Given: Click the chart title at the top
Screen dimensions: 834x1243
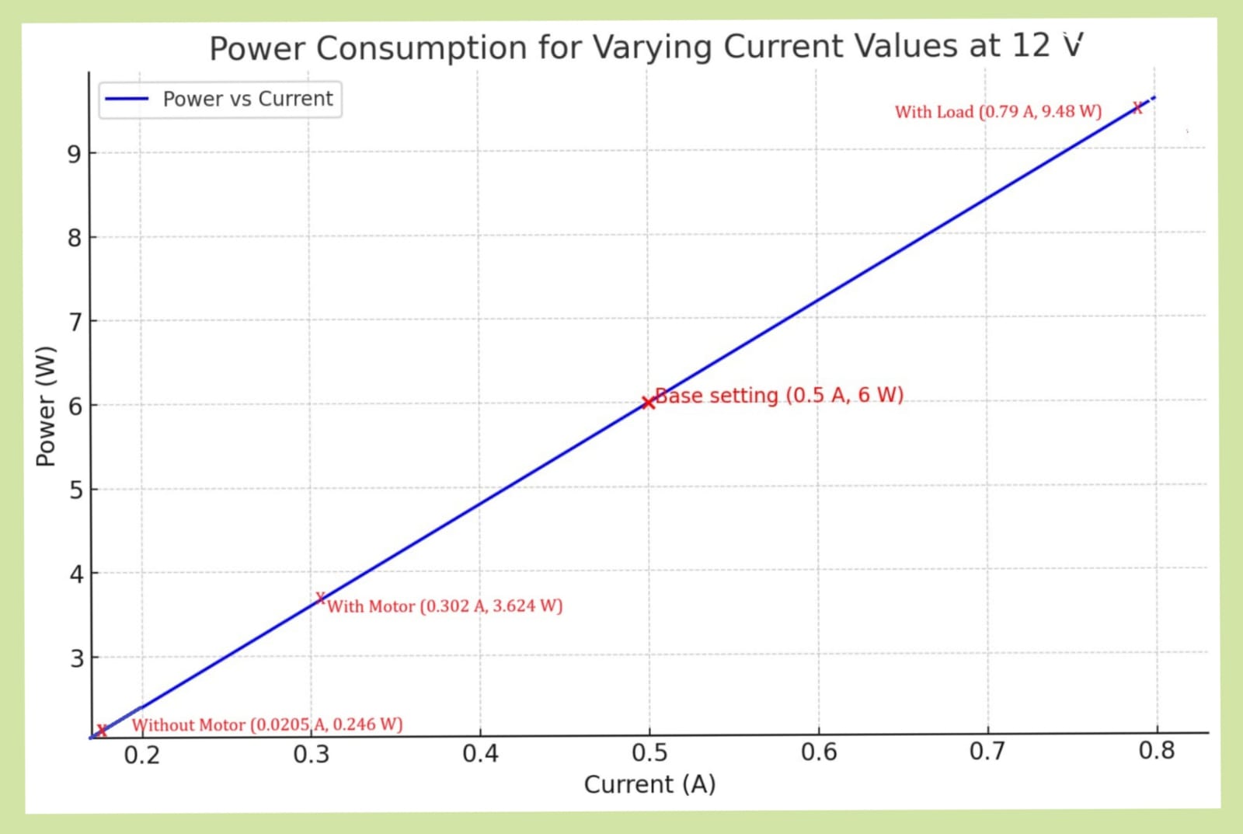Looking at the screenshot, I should coord(646,47).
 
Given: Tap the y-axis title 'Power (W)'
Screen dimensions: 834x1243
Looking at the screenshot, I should coord(47,406).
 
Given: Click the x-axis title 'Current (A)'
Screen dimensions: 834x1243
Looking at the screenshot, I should coord(649,784).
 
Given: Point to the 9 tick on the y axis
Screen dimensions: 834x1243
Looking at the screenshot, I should coord(75,154).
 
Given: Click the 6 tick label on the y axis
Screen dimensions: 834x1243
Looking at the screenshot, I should coord(75,406).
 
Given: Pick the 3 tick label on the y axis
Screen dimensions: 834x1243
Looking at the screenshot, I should coord(76,659).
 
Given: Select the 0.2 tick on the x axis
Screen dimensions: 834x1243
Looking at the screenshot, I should coord(142,755).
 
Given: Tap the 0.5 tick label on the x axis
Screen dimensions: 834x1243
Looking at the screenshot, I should coord(649,753).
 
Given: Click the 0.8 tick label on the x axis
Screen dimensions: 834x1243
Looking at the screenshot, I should coord(1156,751).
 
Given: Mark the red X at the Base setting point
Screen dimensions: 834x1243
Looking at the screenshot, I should coord(648,403).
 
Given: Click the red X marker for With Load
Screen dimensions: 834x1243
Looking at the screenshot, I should coord(1137,108).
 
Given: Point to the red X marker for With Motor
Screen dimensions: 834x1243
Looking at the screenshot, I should coord(320,598).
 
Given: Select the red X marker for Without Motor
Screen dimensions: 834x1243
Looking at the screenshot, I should coord(101,729).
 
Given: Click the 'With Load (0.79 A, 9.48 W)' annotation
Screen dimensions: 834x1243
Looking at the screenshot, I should coord(998,112).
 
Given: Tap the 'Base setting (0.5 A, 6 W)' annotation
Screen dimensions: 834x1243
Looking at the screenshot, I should coord(779,396).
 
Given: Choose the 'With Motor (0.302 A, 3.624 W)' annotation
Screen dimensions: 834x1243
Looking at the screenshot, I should coord(444,606).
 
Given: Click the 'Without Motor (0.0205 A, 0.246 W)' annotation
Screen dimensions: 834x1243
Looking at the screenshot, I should coord(267,724).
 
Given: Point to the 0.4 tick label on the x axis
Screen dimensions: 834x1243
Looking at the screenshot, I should coord(480,754).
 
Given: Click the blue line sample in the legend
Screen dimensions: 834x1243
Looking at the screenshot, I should coord(126,99).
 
